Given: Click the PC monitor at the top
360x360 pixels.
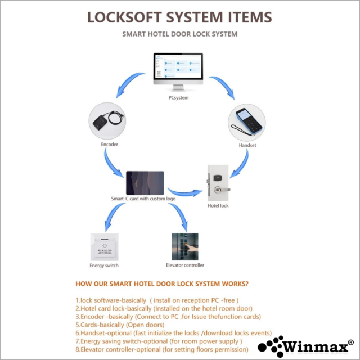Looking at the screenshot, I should click(x=179, y=70).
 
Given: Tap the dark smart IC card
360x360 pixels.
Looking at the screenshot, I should click(x=145, y=182).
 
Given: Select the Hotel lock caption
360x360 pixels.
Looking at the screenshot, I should click(x=219, y=206).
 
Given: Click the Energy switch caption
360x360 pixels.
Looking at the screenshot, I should click(x=104, y=265).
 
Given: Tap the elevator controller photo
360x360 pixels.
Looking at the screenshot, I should click(x=186, y=246).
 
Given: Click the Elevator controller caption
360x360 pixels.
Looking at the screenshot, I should click(x=186, y=265).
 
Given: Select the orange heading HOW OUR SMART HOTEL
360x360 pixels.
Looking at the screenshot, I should click(x=163, y=284).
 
